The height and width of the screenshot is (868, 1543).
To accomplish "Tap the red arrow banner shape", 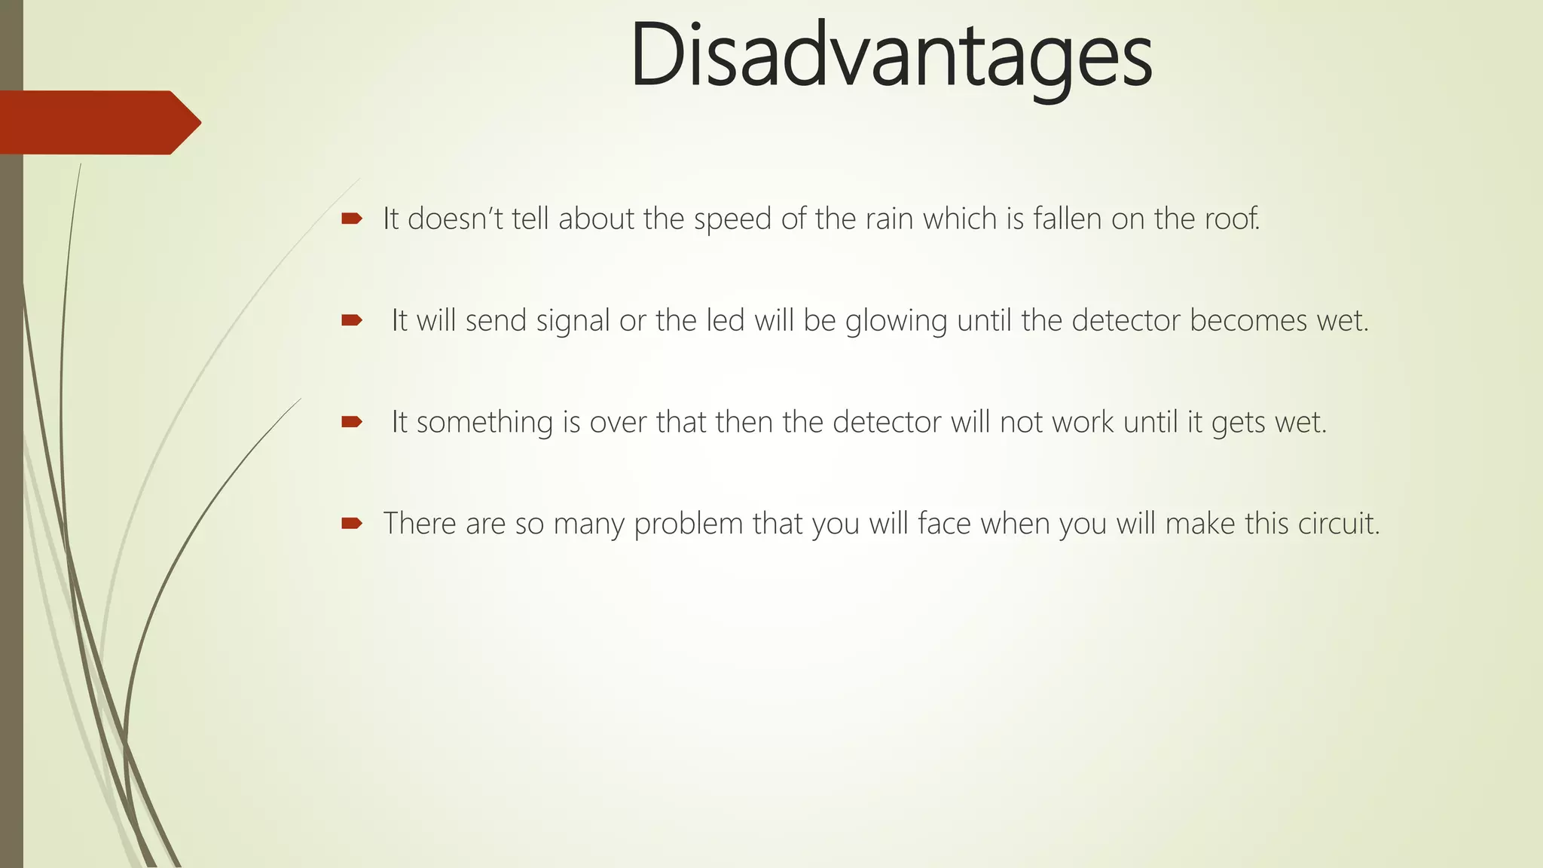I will [98, 122].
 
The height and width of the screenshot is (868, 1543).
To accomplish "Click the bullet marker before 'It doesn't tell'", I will [351, 219].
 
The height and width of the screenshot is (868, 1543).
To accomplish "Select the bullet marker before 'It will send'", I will [351, 321].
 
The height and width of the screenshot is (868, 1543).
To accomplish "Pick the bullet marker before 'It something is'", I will [351, 422].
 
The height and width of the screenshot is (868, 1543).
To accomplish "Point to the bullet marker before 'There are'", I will [351, 523].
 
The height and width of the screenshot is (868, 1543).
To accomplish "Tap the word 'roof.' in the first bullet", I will [1232, 219].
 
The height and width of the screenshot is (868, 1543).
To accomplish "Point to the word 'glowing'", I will [896, 321].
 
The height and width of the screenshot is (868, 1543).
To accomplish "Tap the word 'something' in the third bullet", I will [484, 422].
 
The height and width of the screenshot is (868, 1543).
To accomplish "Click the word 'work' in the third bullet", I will [1083, 422].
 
